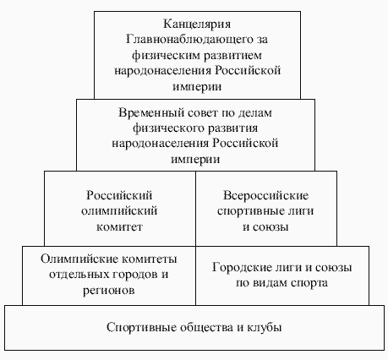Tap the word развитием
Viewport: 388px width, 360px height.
216,55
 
